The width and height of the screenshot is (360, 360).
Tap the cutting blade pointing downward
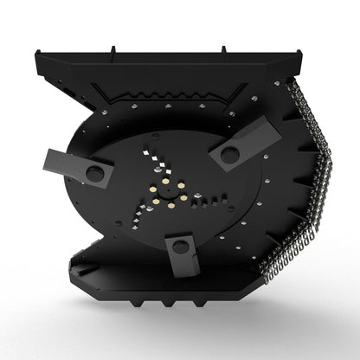pyautogui.click(x=180, y=256)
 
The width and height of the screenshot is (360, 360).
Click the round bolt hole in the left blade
pyautogui.click(x=94, y=173)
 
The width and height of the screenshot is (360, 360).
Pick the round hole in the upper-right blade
pyautogui.click(x=229, y=154)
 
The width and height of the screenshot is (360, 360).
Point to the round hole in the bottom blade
pyautogui.click(x=179, y=247)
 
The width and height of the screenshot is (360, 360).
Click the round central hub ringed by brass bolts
pyautogui.click(x=166, y=192)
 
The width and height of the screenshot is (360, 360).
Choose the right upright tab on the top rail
pyautogui.click(x=223, y=52)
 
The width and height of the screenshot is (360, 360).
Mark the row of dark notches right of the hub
pyautogui.click(x=213, y=201)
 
